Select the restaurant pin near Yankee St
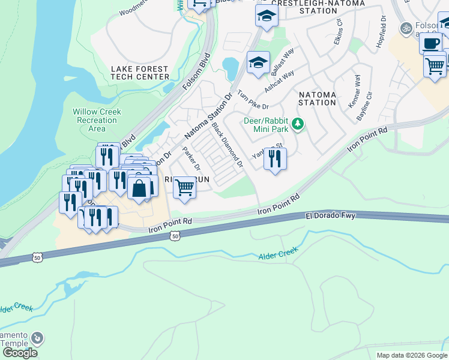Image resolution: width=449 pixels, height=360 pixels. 275,159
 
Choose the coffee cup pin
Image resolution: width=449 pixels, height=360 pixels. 430,43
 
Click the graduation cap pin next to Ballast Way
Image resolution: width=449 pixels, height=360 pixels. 258,62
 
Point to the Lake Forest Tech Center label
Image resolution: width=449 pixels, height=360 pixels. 140,73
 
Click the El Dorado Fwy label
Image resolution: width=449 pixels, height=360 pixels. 328,215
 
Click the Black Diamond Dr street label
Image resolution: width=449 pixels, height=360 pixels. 227,145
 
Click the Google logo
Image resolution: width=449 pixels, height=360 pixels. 20,352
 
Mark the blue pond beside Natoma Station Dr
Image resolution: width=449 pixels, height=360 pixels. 230,68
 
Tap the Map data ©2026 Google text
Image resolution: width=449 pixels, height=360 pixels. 412,355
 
